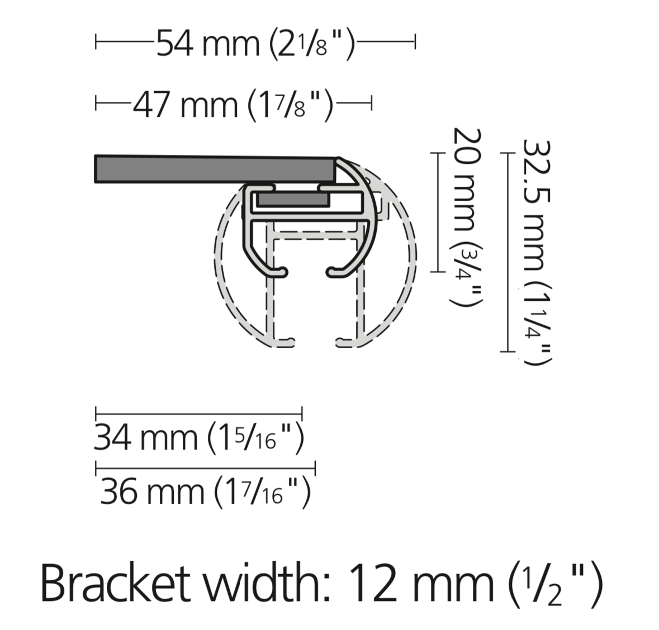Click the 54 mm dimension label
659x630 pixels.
(x=255, y=44)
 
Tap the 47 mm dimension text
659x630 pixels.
(x=233, y=104)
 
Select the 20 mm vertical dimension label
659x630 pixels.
(x=467, y=217)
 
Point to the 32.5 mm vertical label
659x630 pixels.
(x=537, y=252)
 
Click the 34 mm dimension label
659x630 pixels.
(x=198, y=437)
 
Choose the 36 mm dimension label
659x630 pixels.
(x=206, y=491)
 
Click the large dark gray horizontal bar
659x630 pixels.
(x=216, y=169)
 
